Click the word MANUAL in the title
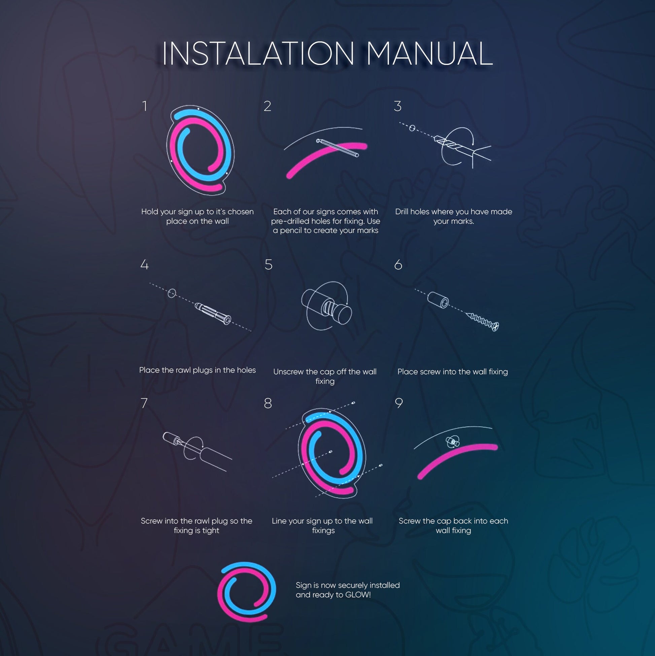tap(429, 53)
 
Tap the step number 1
tap(145, 106)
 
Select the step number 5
tap(268, 264)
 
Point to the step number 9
tap(399, 403)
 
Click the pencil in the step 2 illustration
tap(337, 148)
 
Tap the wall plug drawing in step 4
tap(213, 314)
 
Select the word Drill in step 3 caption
tap(402, 212)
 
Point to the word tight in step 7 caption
tap(211, 531)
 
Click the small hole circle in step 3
tap(412, 128)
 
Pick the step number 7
tap(144, 403)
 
